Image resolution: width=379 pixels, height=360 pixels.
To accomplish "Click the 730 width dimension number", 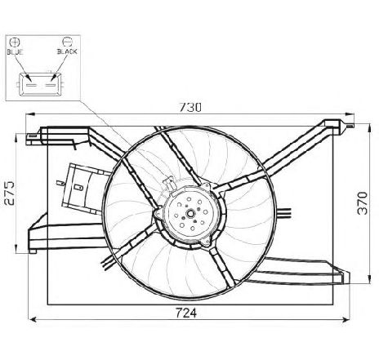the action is (x=190, y=107).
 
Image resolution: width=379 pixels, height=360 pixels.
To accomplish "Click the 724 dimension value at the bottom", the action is (x=186, y=313).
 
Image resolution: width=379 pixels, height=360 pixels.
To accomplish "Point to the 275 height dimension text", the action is (x=10, y=193).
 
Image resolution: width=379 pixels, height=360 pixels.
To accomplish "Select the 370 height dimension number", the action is (x=363, y=203).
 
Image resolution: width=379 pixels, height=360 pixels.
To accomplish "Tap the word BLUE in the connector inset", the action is (x=16, y=51).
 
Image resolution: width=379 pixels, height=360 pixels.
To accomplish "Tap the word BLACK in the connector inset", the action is (x=67, y=51).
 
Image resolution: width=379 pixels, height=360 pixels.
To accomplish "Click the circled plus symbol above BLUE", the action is (x=15, y=42).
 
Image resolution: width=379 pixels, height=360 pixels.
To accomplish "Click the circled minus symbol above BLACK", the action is (x=67, y=42).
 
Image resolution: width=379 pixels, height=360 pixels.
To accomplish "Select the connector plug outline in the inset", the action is (x=41, y=84).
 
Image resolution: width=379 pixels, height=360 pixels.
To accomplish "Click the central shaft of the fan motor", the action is (x=190, y=214).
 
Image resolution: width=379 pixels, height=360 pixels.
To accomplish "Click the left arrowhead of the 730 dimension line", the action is (x=29, y=114).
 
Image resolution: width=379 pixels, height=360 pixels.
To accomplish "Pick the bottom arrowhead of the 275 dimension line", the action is (x=16, y=248).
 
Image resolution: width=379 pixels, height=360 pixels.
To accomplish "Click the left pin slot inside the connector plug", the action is (x=31, y=85).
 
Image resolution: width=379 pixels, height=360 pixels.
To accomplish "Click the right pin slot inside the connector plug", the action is (x=51, y=85).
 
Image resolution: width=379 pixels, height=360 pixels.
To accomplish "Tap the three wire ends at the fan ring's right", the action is (x=284, y=213).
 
